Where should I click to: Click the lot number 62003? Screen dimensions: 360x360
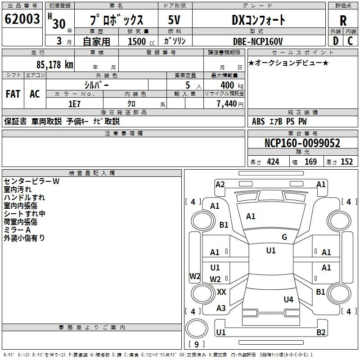(x=22, y=18)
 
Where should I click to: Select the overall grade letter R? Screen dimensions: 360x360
(x=343, y=21)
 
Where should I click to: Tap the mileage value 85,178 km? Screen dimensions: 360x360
(x=54, y=65)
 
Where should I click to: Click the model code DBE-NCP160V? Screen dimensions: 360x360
(x=258, y=41)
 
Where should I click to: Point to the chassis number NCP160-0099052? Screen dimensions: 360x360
(x=302, y=143)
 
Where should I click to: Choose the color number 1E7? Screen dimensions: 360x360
(x=75, y=104)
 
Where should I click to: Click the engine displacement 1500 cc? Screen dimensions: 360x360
(x=141, y=41)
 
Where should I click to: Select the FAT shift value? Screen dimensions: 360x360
(x=13, y=94)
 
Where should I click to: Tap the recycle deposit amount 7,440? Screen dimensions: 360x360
(x=227, y=104)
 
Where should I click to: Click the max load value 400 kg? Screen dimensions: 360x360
(x=232, y=85)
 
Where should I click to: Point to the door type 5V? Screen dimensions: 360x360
(x=174, y=20)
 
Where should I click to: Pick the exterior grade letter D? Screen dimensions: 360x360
(x=336, y=41)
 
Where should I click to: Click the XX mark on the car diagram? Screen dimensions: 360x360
(x=221, y=292)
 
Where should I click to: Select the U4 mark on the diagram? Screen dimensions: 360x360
(x=288, y=299)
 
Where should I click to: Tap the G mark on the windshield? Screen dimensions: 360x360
(x=284, y=237)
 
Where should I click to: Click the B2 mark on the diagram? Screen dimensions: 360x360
(x=321, y=332)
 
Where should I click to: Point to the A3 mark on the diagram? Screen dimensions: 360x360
(x=221, y=308)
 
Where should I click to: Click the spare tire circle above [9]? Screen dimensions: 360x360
(x=197, y=328)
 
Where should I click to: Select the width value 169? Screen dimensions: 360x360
(x=310, y=162)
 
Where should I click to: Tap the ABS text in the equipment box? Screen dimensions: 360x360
(x=258, y=121)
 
